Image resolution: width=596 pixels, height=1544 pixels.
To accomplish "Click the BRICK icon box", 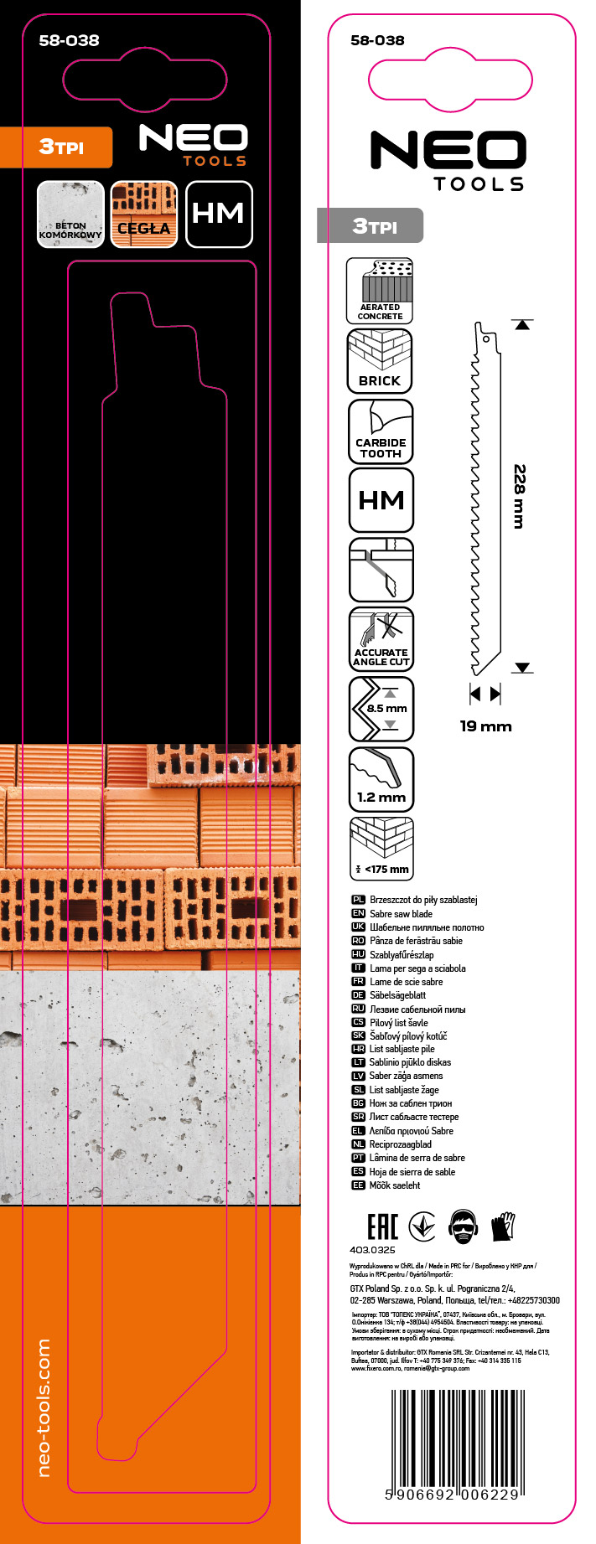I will [x=381, y=361].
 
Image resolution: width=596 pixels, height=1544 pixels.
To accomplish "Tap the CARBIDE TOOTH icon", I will [x=381, y=431].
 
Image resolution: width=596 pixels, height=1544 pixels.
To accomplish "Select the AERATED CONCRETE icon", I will [x=380, y=291].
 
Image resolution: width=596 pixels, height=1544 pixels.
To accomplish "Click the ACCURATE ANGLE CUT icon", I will [x=381, y=639].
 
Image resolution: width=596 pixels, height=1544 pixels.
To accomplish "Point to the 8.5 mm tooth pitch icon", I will [x=381, y=709].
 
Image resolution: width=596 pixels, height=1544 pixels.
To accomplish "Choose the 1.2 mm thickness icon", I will [x=381, y=779].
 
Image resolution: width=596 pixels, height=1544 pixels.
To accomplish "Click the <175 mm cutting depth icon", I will [x=381, y=849].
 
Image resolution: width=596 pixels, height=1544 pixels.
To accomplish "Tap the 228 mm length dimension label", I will [x=520, y=496].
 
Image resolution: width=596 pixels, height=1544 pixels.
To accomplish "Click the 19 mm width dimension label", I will [x=485, y=726].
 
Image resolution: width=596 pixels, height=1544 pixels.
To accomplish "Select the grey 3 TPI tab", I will [x=371, y=225].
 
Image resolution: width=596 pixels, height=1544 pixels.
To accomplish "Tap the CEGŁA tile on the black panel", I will [x=144, y=215].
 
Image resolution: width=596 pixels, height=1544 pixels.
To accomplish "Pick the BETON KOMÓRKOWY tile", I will [x=70, y=215].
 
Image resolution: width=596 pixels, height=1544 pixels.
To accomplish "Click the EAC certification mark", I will [x=382, y=1227].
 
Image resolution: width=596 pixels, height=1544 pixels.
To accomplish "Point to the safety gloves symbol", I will [x=503, y=1226].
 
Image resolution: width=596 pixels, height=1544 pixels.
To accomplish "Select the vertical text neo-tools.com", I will [x=44, y=1407].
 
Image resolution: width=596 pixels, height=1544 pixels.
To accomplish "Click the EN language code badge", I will [x=358, y=913].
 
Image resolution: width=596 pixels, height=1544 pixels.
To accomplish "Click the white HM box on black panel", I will [x=219, y=214].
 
